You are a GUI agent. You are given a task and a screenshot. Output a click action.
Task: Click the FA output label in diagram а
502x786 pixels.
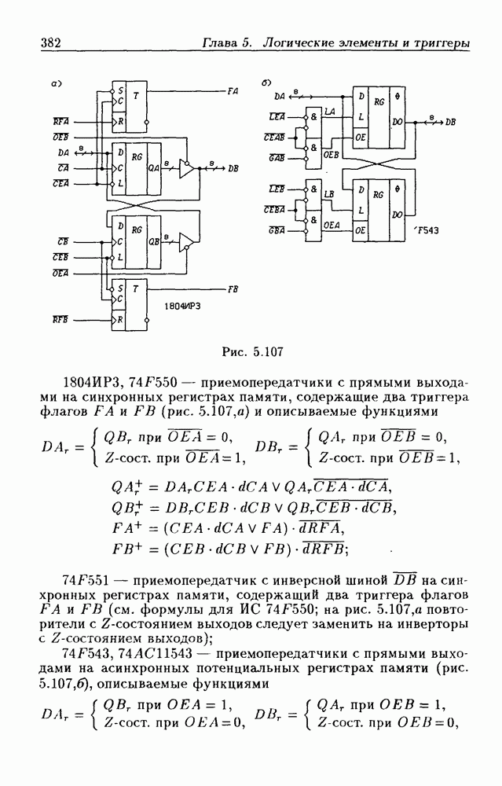coord(233,91)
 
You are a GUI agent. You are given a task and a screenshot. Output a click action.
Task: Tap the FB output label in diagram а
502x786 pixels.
coord(233,289)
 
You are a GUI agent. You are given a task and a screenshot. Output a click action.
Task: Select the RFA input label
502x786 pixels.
coord(60,123)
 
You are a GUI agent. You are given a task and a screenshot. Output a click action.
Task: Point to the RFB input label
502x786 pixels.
coord(60,320)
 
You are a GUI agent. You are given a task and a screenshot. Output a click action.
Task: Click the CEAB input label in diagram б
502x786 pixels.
coord(274,136)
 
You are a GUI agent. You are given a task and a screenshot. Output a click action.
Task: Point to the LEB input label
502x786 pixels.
coord(277,189)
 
